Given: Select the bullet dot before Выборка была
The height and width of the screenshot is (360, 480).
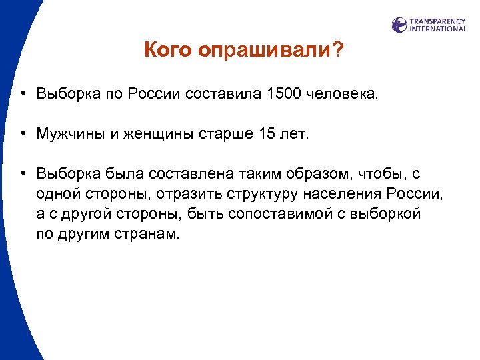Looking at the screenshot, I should click(23, 173).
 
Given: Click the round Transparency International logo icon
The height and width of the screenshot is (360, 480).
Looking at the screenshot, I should click(399, 25).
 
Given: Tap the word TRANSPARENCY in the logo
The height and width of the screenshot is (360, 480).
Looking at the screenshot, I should click(438, 21).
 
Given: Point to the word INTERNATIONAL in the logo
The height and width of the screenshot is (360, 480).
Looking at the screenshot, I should click(438, 29).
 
